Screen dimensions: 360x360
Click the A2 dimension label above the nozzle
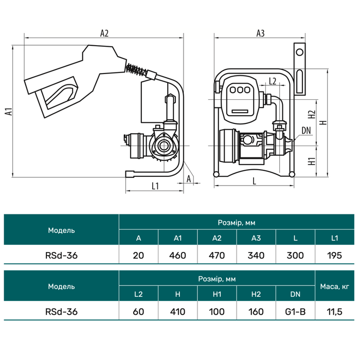pos(104,33)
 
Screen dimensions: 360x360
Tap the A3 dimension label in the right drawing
pos(260,33)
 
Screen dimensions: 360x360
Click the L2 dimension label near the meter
pos(273,81)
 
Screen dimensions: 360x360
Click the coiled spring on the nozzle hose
pos(136,69)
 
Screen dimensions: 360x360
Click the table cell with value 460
pos(178,255)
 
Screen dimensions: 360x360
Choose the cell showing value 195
pos(334,255)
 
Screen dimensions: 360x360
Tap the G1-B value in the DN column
pos(295,312)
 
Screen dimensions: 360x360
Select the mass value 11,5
pos(335,312)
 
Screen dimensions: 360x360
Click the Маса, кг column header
pos(335,286)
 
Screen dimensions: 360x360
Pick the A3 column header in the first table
pos(256,238)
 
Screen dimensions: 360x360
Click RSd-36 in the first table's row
pos(61,255)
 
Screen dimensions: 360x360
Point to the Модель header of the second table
pos(61,286)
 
